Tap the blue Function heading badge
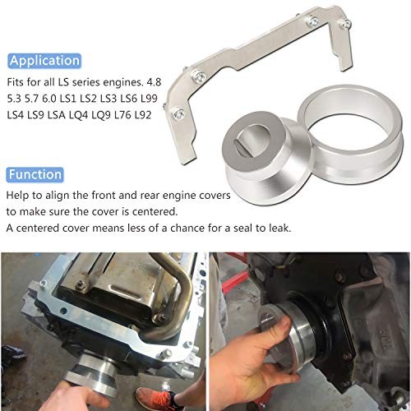coord(35,174)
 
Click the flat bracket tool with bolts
coord(247,58)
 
